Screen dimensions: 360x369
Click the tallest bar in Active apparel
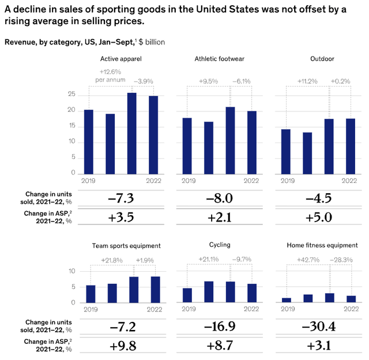[131, 133]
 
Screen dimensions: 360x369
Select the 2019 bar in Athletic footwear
[187, 145]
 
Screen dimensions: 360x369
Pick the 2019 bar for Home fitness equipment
[287, 300]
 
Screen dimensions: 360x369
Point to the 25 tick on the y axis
[72, 94]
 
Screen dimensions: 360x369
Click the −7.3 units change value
[121, 198]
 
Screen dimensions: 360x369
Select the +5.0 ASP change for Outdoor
[319, 217]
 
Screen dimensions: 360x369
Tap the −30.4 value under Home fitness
[319, 327]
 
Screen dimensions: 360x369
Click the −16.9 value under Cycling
[220, 327]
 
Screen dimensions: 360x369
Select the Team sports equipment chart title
[126, 246]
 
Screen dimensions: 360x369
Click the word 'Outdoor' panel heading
[319, 58]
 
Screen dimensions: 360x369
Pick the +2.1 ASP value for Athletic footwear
[220, 217]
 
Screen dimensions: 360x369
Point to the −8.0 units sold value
[220, 198]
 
